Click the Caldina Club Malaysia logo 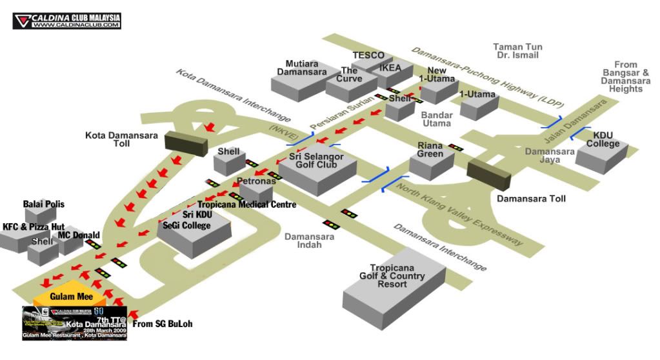(66, 21)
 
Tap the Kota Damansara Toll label (108, 139)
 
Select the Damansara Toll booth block (488, 174)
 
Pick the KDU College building (602, 153)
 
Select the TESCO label (368, 55)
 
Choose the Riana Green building (432, 161)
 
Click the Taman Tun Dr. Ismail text (517, 52)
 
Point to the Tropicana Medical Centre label (246, 205)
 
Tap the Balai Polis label (44, 205)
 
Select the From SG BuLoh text (163, 324)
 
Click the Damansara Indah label (309, 241)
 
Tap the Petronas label (256, 181)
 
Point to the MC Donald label (79, 235)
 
